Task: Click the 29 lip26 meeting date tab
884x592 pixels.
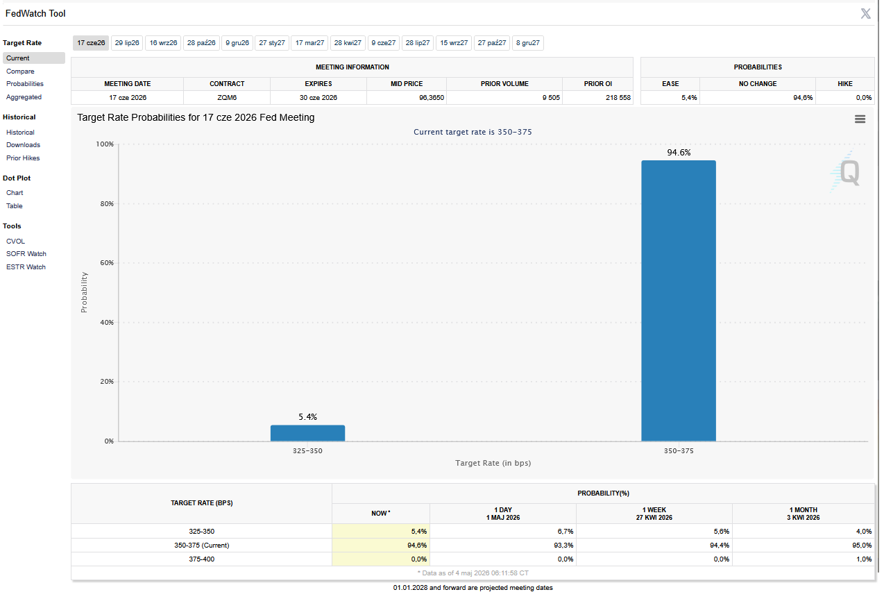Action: (127, 43)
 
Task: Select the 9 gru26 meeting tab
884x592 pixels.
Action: (237, 43)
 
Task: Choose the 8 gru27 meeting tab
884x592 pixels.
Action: (527, 43)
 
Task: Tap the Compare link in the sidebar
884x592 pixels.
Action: (20, 71)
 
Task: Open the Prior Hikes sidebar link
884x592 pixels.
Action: (23, 158)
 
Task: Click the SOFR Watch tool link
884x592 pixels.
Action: (26, 254)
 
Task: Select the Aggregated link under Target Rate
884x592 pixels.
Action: (24, 97)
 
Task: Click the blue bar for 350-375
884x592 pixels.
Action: (679, 301)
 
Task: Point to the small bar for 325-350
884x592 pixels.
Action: (307, 433)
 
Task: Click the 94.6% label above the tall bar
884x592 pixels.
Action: (679, 153)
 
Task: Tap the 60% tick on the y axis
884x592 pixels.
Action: (107, 263)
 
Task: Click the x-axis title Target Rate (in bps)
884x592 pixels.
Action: (493, 463)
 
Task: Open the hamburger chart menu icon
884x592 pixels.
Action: (860, 119)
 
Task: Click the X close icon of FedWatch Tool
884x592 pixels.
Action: (865, 13)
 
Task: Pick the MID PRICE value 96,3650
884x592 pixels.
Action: (432, 97)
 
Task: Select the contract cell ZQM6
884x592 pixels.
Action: (227, 97)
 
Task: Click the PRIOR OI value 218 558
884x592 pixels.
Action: (618, 97)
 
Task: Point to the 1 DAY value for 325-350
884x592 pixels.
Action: (565, 532)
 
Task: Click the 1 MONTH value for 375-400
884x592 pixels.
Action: (864, 559)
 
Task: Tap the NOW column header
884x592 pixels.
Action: (381, 514)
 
